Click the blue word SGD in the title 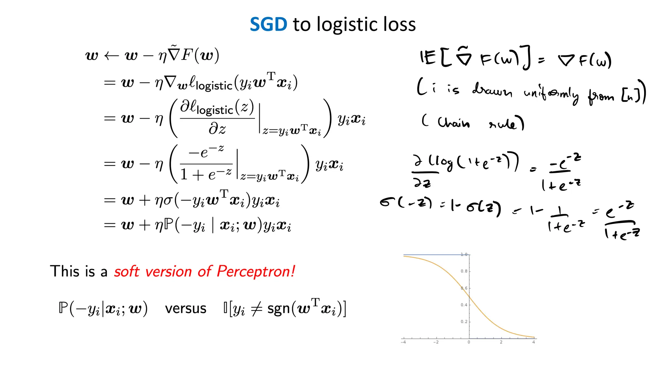pos(268,25)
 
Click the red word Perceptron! pos(256,272)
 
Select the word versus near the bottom pos(186,308)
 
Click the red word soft pos(127,272)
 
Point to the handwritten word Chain pos(453,122)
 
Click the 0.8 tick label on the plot pos(464,271)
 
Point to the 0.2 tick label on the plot pos(464,321)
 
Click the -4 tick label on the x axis pos(403,342)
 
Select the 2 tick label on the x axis pos(501,342)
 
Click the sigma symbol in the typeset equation pos(168,201)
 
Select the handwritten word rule pos(506,123)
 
